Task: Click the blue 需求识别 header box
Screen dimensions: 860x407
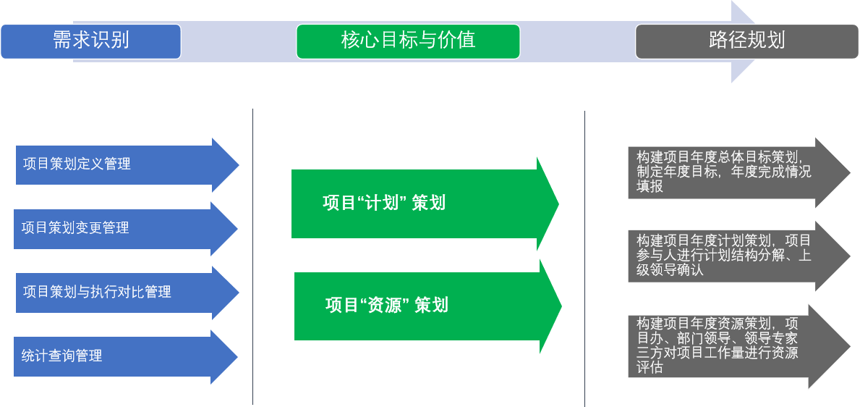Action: tap(91, 41)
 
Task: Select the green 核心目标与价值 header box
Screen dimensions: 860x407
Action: tap(408, 41)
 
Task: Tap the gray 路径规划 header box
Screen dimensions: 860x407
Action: tap(747, 41)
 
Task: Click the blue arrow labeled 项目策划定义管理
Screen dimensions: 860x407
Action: tap(127, 165)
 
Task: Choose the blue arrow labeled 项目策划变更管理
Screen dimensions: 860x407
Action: tap(126, 229)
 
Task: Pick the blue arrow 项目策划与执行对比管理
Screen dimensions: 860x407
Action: tap(127, 293)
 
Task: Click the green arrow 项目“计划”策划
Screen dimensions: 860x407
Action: tap(425, 204)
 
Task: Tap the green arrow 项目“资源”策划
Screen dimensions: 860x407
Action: tap(427, 306)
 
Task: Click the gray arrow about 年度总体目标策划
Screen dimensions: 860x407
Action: tap(739, 172)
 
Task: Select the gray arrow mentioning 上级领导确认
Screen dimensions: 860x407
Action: tap(739, 256)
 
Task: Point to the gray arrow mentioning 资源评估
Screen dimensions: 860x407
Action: tap(739, 347)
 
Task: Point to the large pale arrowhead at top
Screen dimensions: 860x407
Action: tap(743, 41)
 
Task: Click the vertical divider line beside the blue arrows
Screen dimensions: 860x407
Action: tap(253, 256)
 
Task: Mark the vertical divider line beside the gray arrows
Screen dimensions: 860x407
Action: tap(584, 259)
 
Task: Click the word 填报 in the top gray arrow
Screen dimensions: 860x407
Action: tap(650, 186)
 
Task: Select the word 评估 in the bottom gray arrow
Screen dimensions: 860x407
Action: tap(650, 367)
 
